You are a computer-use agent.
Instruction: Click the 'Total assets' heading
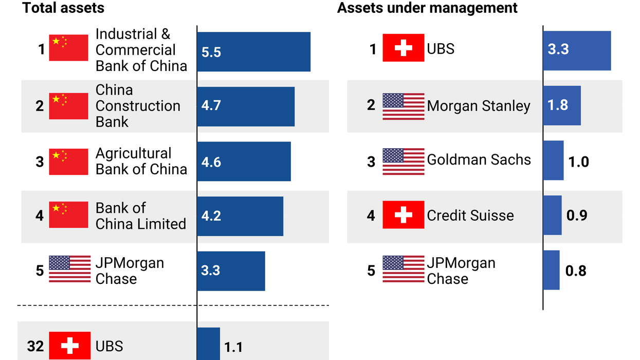coord(63,8)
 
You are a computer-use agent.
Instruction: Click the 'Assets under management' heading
coord(427,8)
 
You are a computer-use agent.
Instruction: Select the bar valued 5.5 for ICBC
coord(253,52)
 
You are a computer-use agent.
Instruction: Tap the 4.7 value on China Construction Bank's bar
coord(211,106)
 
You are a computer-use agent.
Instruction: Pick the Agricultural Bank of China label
coord(141,161)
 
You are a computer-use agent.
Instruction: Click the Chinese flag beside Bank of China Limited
coord(68,215)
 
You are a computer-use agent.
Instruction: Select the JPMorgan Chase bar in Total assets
coord(231,271)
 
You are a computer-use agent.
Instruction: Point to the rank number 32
coord(35,347)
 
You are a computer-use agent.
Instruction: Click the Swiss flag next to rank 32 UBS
coord(69,346)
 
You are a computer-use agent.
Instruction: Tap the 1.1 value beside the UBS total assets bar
coord(233,348)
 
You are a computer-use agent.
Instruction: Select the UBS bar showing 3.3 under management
coord(577,50)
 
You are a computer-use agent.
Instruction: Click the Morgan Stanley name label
coord(478,106)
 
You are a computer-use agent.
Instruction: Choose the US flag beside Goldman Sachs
coord(404,161)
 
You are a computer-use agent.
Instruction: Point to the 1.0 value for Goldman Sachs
coord(578,162)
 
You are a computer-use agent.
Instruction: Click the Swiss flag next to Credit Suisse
coord(404,215)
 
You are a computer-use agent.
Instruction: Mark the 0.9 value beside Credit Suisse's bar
coord(576,215)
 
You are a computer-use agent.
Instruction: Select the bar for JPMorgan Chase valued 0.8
coord(552,270)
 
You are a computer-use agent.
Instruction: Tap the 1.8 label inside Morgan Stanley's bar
coord(558,105)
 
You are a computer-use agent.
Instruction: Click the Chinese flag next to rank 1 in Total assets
coord(68,48)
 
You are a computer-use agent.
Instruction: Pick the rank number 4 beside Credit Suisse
coord(371,215)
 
